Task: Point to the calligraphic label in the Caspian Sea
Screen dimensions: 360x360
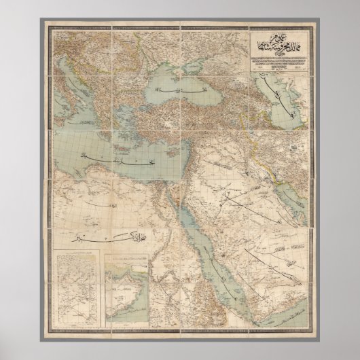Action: (272, 95)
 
